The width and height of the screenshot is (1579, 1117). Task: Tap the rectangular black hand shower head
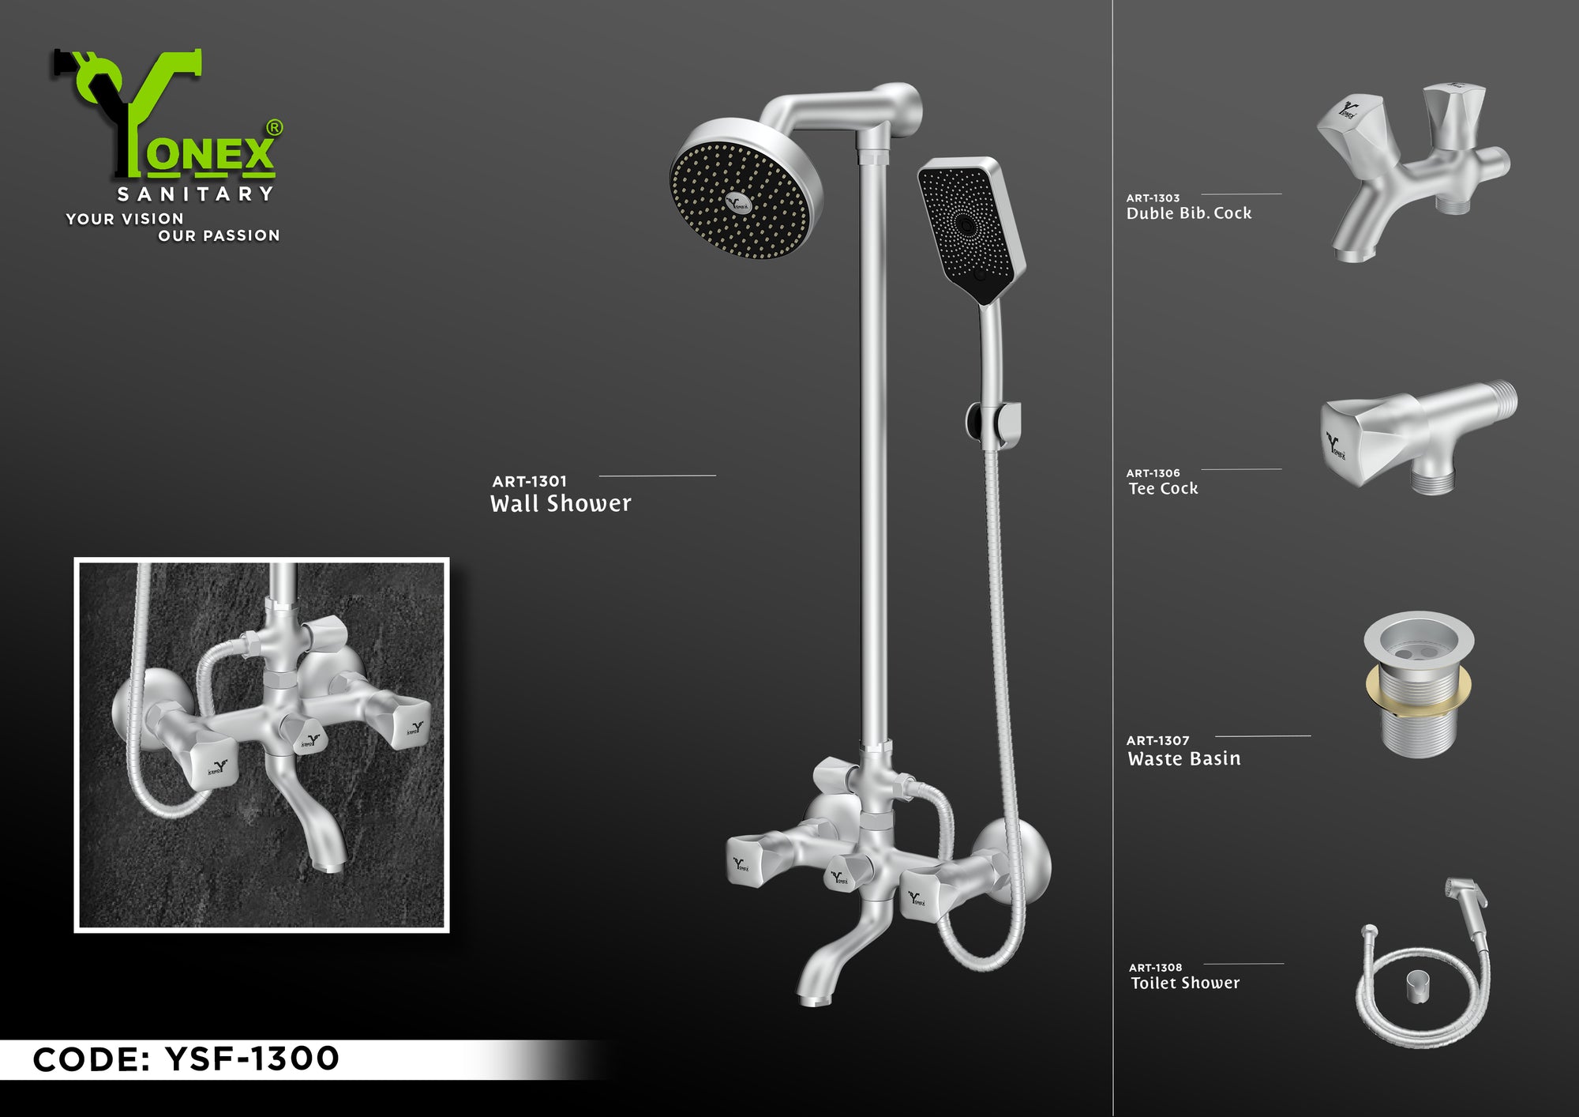pos(971,229)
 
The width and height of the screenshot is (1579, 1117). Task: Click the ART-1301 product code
pos(529,481)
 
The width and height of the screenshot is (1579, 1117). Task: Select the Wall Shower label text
pos(561,504)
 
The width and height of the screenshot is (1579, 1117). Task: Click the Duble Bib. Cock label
pos(1189,213)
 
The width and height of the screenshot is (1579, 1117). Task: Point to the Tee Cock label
pos(1163,489)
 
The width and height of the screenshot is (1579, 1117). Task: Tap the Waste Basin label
pos(1184,759)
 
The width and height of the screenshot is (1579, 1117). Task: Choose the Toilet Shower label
pos(1185,983)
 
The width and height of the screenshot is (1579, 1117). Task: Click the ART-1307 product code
pos(1157,741)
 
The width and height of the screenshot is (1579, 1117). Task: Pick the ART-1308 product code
pos(1156,968)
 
